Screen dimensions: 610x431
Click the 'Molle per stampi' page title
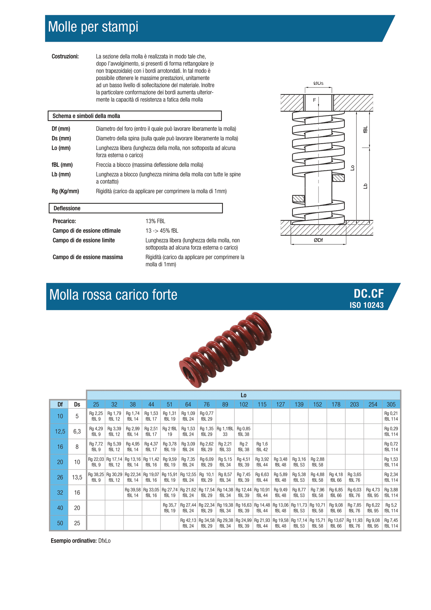(93, 27)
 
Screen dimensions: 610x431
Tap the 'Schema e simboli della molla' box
(135, 116)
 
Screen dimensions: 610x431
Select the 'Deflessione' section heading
(135, 208)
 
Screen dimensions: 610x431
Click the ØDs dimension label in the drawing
(318, 83)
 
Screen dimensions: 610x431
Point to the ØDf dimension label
(318, 240)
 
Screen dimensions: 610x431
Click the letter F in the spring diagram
(314, 100)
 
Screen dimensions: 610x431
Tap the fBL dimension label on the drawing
(366, 130)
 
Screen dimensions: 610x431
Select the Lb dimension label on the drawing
(365, 186)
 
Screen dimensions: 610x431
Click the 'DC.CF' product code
(369, 294)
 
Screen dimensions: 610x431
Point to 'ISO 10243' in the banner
(367, 305)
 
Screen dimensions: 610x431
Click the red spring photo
(225, 349)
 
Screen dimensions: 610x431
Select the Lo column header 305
(391, 404)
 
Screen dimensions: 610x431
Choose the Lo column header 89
(225, 404)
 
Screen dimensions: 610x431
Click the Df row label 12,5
(60, 431)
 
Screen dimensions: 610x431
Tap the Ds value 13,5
(77, 477)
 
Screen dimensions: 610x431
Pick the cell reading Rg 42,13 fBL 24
(188, 523)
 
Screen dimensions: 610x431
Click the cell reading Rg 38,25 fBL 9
(96, 477)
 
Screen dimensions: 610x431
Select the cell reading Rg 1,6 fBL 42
(262, 447)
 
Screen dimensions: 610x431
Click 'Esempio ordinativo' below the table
(73, 541)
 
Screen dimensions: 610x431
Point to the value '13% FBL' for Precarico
(155, 221)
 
